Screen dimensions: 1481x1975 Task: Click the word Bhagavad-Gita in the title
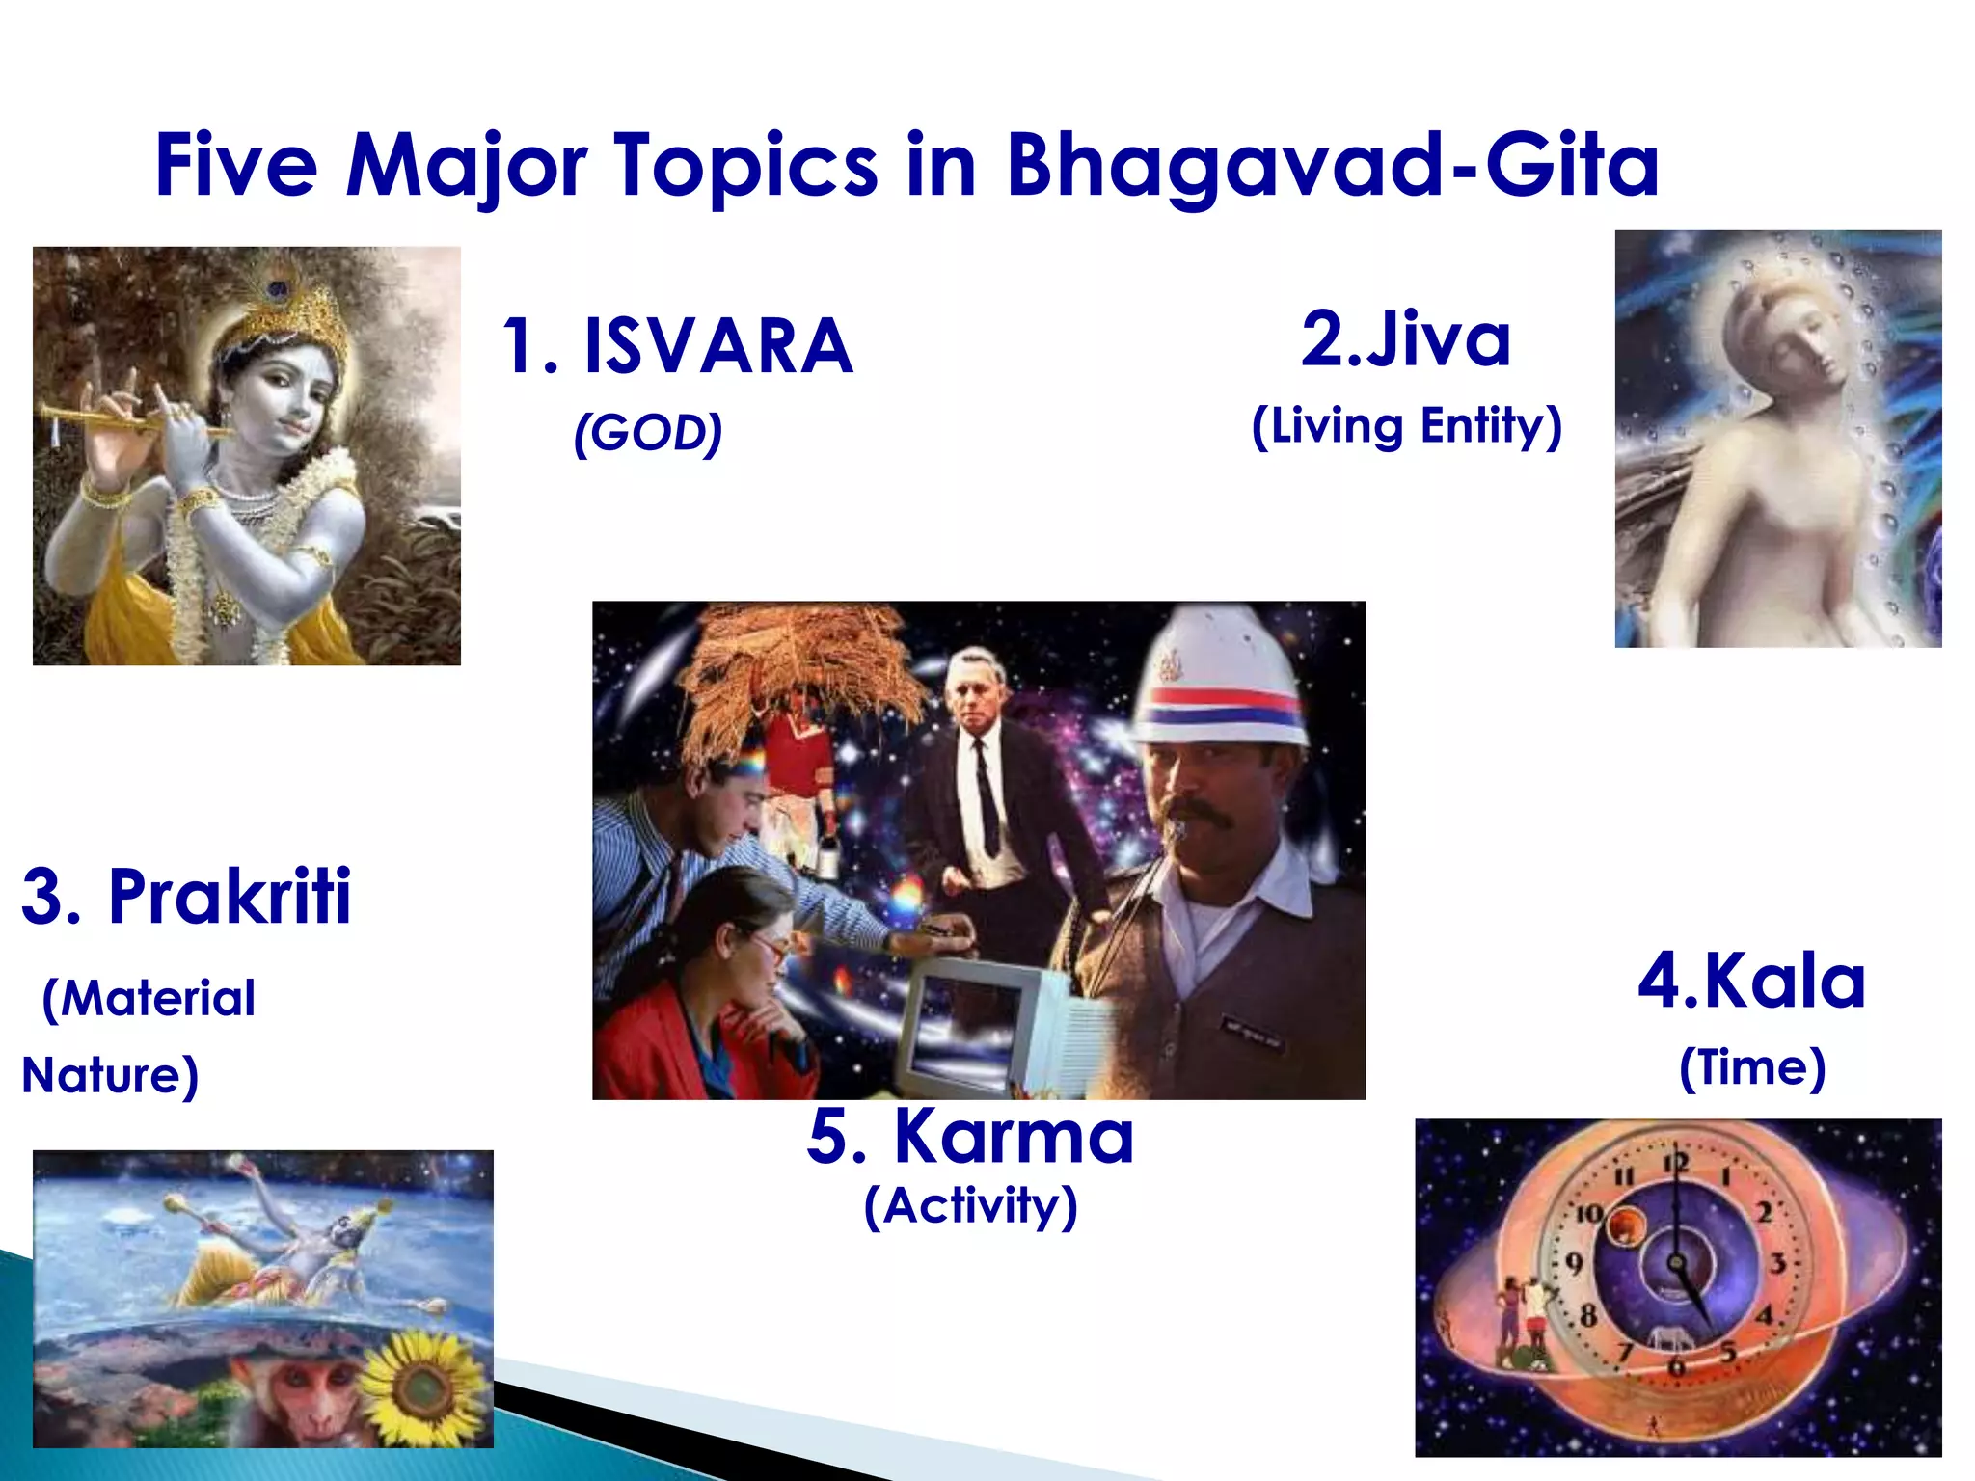click(1331, 166)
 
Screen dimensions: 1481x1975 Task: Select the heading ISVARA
click(718, 347)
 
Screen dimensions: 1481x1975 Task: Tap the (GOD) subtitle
click(647, 433)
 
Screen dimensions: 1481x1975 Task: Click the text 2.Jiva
click(1405, 339)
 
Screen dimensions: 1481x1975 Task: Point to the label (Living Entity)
click(1406, 426)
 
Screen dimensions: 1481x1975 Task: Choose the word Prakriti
click(230, 897)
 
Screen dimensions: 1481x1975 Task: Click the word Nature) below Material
click(110, 1075)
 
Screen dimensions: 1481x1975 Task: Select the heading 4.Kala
click(1751, 982)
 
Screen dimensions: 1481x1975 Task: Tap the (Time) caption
click(1751, 1068)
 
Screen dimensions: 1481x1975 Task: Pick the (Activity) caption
click(970, 1206)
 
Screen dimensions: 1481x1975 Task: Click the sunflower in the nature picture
click(422, 1387)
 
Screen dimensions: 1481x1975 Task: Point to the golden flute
click(116, 417)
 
